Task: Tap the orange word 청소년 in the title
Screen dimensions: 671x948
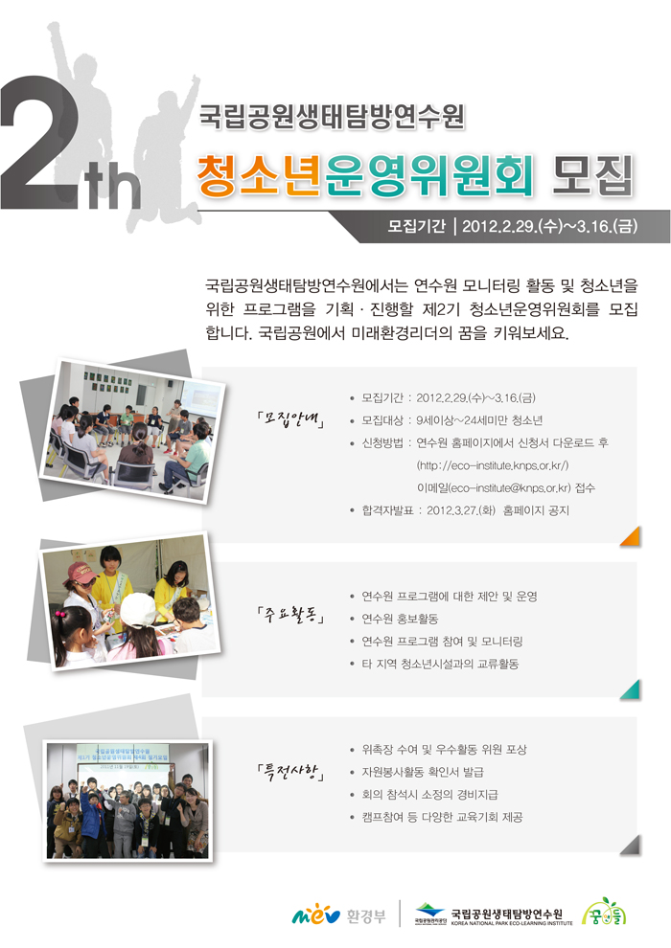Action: click(258, 175)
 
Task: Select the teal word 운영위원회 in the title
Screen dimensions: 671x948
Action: click(429, 175)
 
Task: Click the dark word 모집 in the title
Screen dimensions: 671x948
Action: click(592, 175)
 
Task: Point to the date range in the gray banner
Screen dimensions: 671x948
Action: click(549, 226)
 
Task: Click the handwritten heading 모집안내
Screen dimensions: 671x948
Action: click(290, 419)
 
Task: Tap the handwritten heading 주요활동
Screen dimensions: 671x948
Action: click(290, 615)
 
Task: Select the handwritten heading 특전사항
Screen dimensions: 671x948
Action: click(290, 771)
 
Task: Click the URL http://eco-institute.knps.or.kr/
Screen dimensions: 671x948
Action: click(493, 465)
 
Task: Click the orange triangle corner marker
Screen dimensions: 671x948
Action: click(631, 536)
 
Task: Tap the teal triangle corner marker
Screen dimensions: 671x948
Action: click(631, 689)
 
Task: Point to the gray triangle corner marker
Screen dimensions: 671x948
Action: click(631, 845)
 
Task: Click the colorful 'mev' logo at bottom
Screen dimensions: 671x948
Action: click(315, 914)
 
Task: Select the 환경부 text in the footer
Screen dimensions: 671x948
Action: click(366, 916)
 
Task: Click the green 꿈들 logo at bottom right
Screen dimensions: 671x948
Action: click(604, 913)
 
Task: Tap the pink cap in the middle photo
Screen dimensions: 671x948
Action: click(80, 572)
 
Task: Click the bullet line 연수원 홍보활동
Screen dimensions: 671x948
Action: click(400, 619)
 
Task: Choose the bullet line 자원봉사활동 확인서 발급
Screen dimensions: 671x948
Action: click(423, 772)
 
